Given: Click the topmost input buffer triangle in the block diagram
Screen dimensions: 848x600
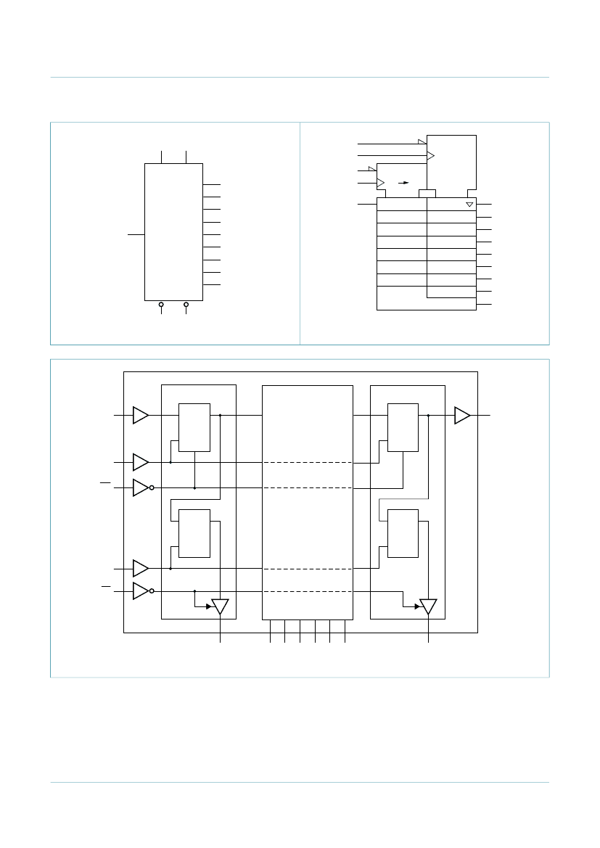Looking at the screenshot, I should pos(140,415).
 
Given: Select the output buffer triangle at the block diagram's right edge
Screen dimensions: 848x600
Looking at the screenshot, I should pos(461,415).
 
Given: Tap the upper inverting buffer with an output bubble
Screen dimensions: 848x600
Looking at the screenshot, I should pos(141,487).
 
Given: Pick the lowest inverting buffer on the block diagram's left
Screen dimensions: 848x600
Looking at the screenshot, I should pos(141,591).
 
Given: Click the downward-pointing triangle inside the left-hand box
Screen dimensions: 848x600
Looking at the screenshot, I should pos(220,606).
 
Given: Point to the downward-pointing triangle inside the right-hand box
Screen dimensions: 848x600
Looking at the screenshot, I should pos(428,606).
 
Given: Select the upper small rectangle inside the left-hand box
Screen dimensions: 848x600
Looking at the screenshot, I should pos(194,427).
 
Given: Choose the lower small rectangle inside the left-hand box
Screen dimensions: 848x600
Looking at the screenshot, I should pos(194,533).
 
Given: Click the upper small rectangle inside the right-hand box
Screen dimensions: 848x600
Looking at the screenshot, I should pos(403,427).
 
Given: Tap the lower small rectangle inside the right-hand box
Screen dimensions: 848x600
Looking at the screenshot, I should pos(403,533).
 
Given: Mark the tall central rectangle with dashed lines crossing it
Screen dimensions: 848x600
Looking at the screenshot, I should pos(307,502).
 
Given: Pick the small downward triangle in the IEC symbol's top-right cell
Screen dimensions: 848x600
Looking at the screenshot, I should pos(469,205).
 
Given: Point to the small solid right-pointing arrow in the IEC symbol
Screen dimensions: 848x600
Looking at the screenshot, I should pos(405,183).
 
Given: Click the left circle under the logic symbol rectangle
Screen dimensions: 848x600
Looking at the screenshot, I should pos(161,305).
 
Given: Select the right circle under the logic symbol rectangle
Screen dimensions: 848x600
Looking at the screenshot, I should pos(186,305).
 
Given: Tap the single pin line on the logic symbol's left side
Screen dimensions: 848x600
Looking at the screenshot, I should pos(136,234).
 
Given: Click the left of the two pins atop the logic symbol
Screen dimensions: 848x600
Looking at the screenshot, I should pos(161,157).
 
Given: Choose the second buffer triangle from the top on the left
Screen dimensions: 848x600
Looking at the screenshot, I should pos(140,461).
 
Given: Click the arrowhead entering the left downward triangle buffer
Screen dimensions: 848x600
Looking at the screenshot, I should pos(208,606).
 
